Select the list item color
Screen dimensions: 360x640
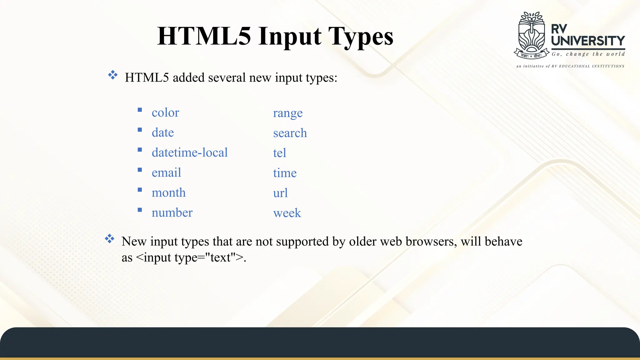pyautogui.click(x=165, y=112)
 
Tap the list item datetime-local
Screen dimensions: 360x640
pyautogui.click(x=190, y=152)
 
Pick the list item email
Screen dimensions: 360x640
pyautogui.click(x=166, y=172)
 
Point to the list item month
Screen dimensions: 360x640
pyautogui.click(x=168, y=192)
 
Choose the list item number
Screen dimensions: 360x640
pyautogui.click(x=172, y=212)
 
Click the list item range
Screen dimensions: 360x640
pyautogui.click(x=287, y=113)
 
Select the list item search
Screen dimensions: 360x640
pyautogui.click(x=290, y=133)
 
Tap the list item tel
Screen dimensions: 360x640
pyautogui.click(x=279, y=153)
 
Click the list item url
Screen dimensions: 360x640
pyautogui.click(x=280, y=193)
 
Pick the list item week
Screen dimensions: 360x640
pyautogui.click(x=287, y=213)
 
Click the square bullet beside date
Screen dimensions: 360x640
pyautogui.click(x=140, y=130)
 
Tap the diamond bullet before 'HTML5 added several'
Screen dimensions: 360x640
pyautogui.click(x=112, y=75)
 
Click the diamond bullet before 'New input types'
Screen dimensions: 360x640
pyautogui.click(x=109, y=239)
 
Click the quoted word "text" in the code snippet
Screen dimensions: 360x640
pyautogui.click(x=221, y=257)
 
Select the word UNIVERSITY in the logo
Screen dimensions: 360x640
pyautogui.click(x=588, y=41)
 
